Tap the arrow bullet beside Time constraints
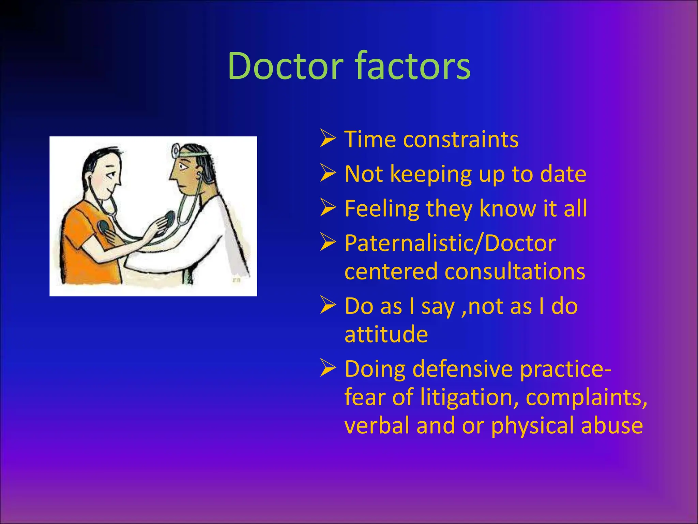328,139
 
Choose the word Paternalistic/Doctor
450,243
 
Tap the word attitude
386,334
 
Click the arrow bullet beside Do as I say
328,306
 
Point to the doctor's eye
182,167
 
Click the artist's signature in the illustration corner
236,280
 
